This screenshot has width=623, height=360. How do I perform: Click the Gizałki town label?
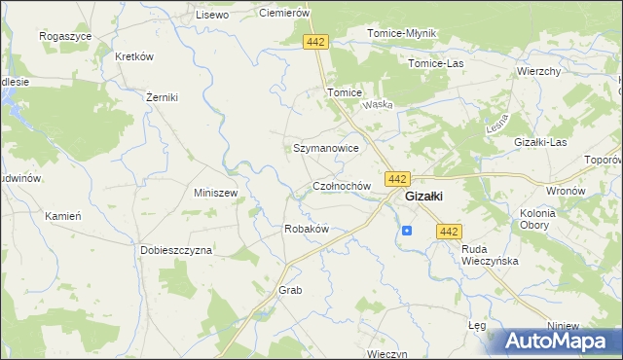point(424,196)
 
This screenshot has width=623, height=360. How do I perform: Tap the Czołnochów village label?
point(341,185)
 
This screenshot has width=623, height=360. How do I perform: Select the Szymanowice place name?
point(326,148)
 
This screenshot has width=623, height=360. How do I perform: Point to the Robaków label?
point(306,229)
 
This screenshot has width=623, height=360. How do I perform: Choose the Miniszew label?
point(216,193)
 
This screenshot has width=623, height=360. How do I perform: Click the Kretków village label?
point(134,56)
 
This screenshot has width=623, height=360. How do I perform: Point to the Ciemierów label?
point(283,13)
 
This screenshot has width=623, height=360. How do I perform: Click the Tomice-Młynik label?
point(402,33)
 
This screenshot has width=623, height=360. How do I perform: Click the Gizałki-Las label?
point(540,142)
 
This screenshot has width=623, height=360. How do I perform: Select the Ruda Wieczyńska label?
point(490,255)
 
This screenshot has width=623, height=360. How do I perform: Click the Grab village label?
point(290,290)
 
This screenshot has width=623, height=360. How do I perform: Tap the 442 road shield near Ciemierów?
point(315,42)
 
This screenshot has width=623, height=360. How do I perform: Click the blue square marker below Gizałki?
point(407,231)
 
